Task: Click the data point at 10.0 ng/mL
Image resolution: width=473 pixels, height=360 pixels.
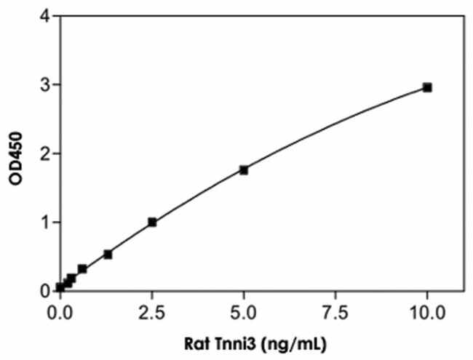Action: tap(427, 87)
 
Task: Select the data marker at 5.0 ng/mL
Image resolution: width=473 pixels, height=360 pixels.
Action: tap(244, 170)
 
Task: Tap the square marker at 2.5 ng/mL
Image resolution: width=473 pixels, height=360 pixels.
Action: tap(152, 222)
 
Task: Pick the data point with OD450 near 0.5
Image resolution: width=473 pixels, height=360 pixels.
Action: tap(108, 254)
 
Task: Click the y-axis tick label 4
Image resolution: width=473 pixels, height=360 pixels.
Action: tap(45, 17)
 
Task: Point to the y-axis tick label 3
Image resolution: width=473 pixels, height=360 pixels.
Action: tap(45, 85)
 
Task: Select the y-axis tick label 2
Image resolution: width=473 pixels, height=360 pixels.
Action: tap(45, 153)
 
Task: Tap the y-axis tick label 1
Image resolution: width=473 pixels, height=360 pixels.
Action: tap(45, 222)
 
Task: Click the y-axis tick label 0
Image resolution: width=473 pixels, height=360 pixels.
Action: tap(45, 290)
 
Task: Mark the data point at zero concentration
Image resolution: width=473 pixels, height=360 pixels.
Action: tap(60, 287)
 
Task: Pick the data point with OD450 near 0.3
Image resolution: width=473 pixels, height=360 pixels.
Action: tap(82, 268)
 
